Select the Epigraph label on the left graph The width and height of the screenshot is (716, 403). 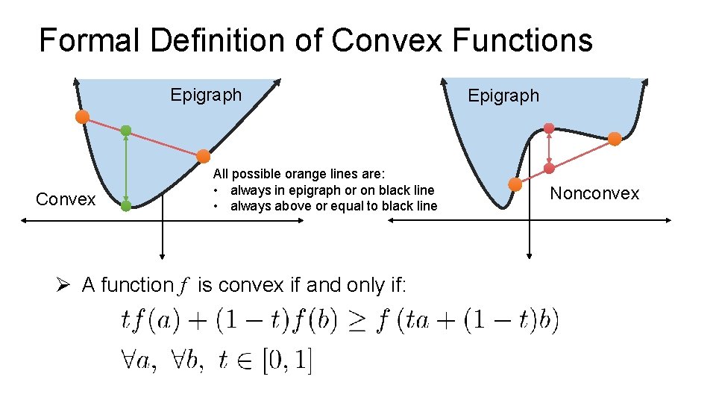206,95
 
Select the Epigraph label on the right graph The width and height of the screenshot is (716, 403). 503,96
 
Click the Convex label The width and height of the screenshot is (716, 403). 66,199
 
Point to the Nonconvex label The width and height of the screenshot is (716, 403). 594,193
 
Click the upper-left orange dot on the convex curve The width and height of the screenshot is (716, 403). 82,116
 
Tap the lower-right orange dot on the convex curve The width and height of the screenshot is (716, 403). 203,156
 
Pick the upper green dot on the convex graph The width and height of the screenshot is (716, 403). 126,131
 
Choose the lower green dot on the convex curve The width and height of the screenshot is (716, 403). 126,205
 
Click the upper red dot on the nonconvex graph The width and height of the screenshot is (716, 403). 549,128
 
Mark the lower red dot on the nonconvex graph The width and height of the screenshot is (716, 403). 549,169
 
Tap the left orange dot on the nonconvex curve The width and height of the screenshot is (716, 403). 515,184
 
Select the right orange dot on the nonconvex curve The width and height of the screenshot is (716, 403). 615,138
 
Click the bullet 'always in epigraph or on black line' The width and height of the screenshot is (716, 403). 332,190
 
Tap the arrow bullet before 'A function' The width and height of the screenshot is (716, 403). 65,285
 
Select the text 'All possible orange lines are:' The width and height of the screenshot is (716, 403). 298,175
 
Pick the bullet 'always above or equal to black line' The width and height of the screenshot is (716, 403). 333,206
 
